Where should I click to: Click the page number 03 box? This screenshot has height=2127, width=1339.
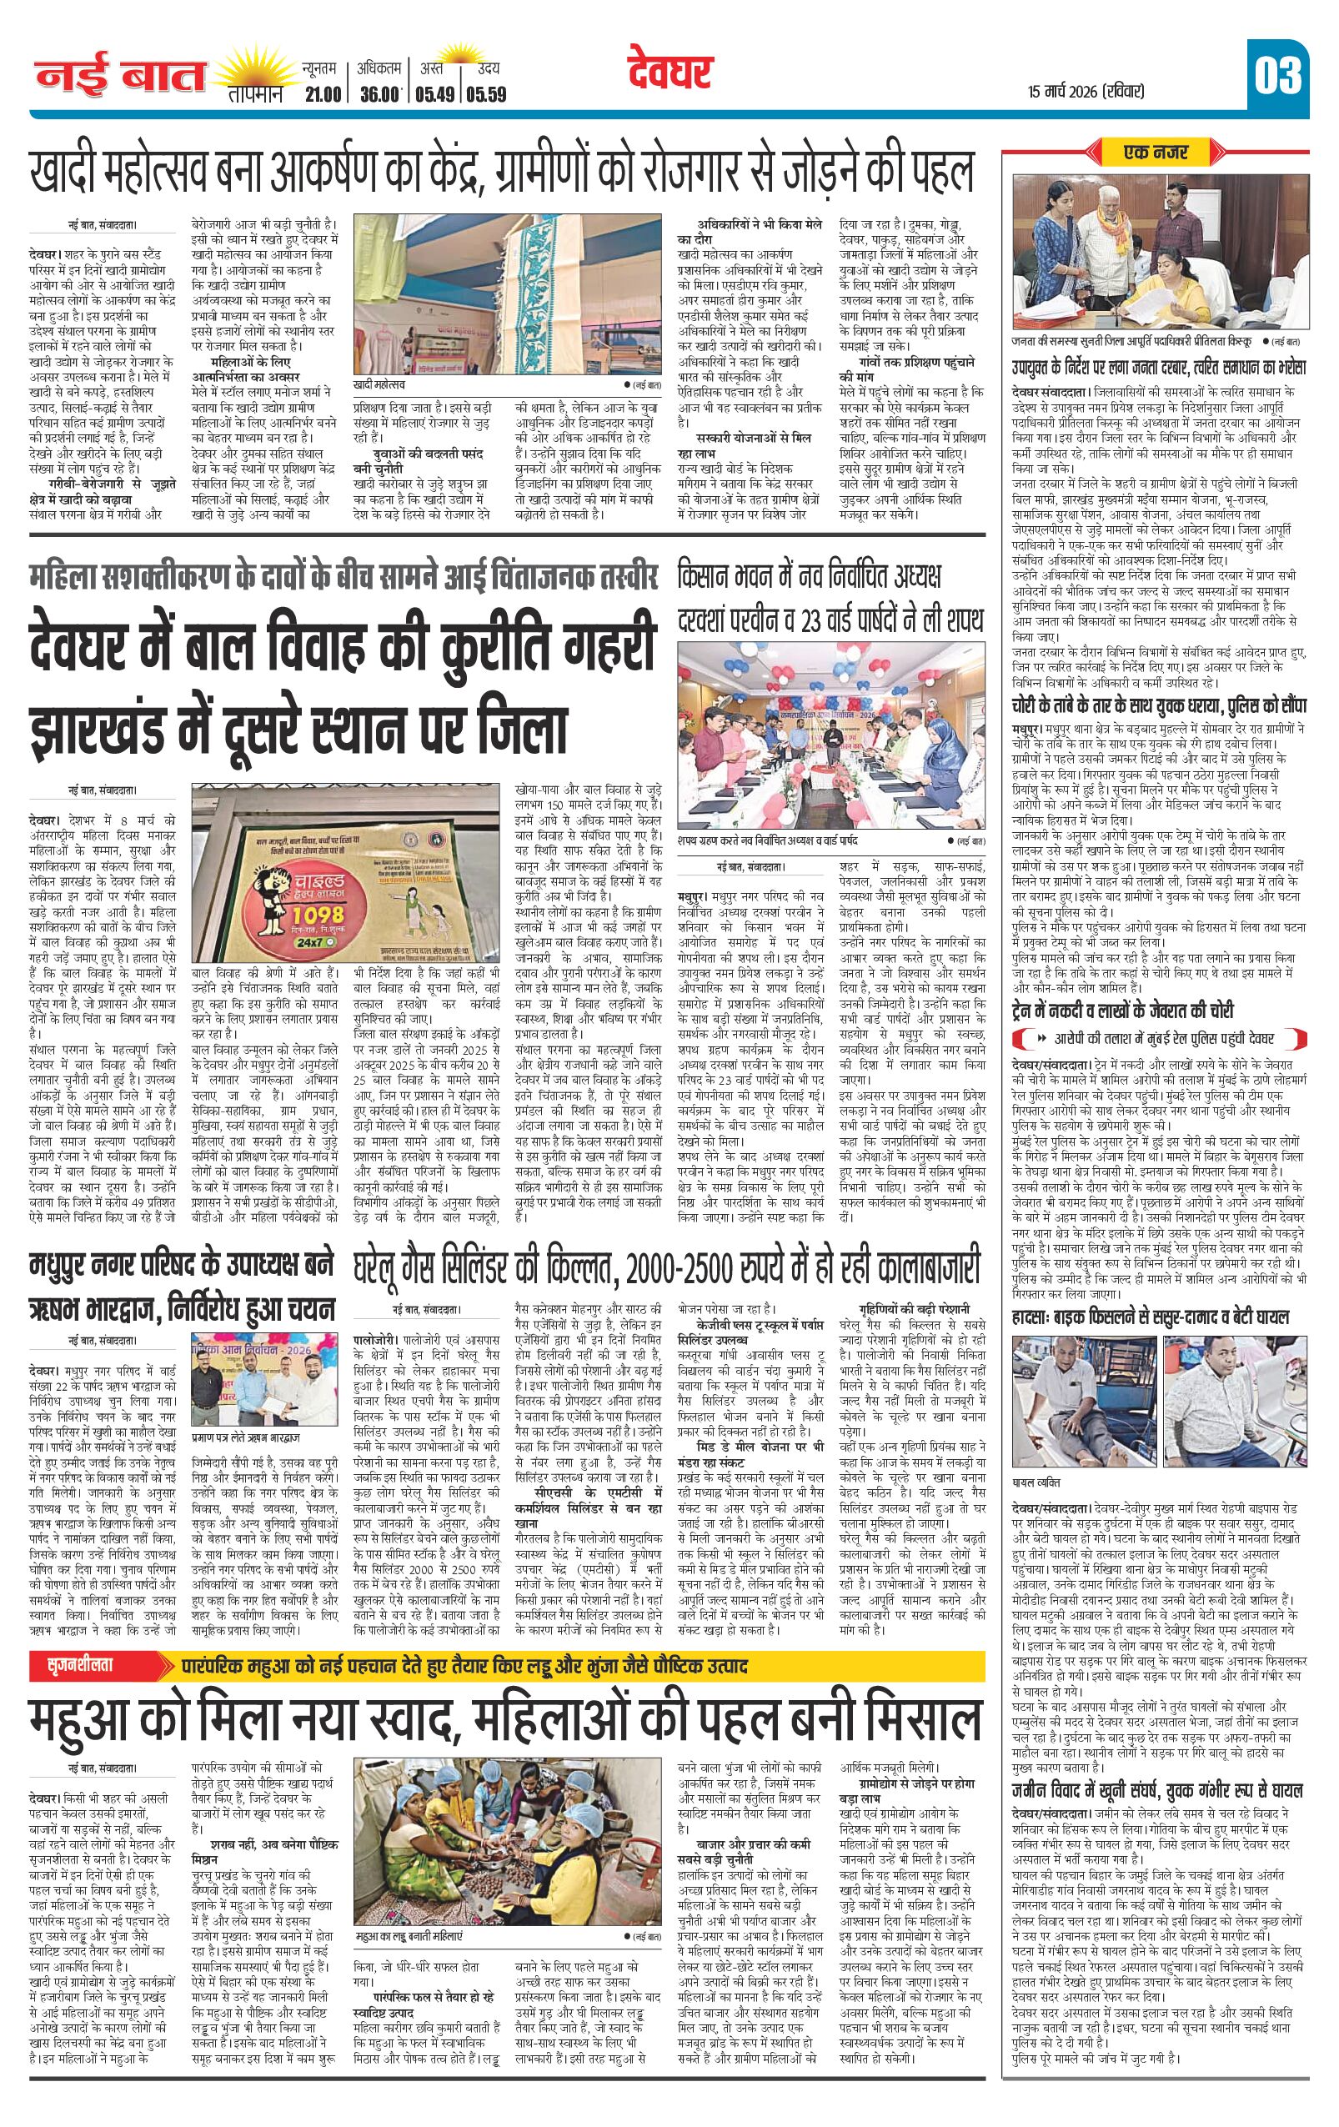point(1277,76)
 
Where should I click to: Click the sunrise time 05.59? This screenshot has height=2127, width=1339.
point(486,93)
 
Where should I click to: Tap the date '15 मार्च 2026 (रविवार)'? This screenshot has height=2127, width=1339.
point(1086,91)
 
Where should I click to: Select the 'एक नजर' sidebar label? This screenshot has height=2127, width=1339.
point(1155,153)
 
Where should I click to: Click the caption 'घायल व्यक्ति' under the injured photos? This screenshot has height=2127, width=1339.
point(1036,1482)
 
